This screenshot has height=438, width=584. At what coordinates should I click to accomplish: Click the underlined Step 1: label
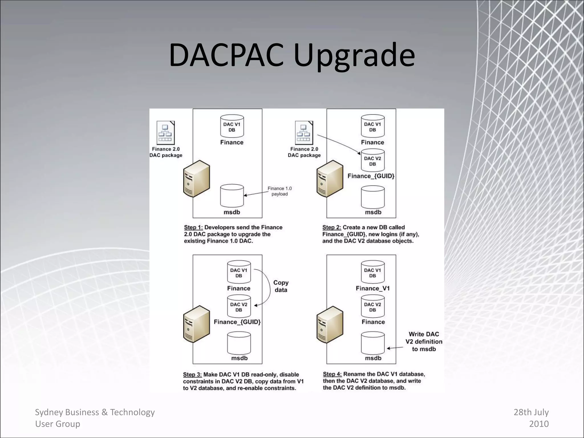click(193, 227)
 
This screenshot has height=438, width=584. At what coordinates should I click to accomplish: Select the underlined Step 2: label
click(331, 227)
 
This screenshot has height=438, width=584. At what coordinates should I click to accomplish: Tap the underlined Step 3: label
click(192, 374)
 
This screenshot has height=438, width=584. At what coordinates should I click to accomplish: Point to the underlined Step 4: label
click(332, 374)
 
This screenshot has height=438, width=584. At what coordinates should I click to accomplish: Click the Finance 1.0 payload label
click(279, 191)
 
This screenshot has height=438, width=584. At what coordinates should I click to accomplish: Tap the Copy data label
click(281, 286)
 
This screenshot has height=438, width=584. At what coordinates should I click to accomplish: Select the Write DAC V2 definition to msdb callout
click(424, 341)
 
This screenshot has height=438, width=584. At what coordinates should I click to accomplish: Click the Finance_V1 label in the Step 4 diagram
click(372, 288)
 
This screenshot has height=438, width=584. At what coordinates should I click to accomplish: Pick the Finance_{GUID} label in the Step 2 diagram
click(371, 176)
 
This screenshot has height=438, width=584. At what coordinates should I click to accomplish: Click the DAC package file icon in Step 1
click(165, 133)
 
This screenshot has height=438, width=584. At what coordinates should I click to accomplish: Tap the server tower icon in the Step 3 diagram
click(196, 324)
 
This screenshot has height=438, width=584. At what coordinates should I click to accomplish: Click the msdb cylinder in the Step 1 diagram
click(232, 196)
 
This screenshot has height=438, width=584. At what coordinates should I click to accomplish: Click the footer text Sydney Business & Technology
click(95, 412)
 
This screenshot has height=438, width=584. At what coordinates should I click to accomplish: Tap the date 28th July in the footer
click(531, 412)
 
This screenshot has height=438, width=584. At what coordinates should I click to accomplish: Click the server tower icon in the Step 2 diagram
click(330, 179)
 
